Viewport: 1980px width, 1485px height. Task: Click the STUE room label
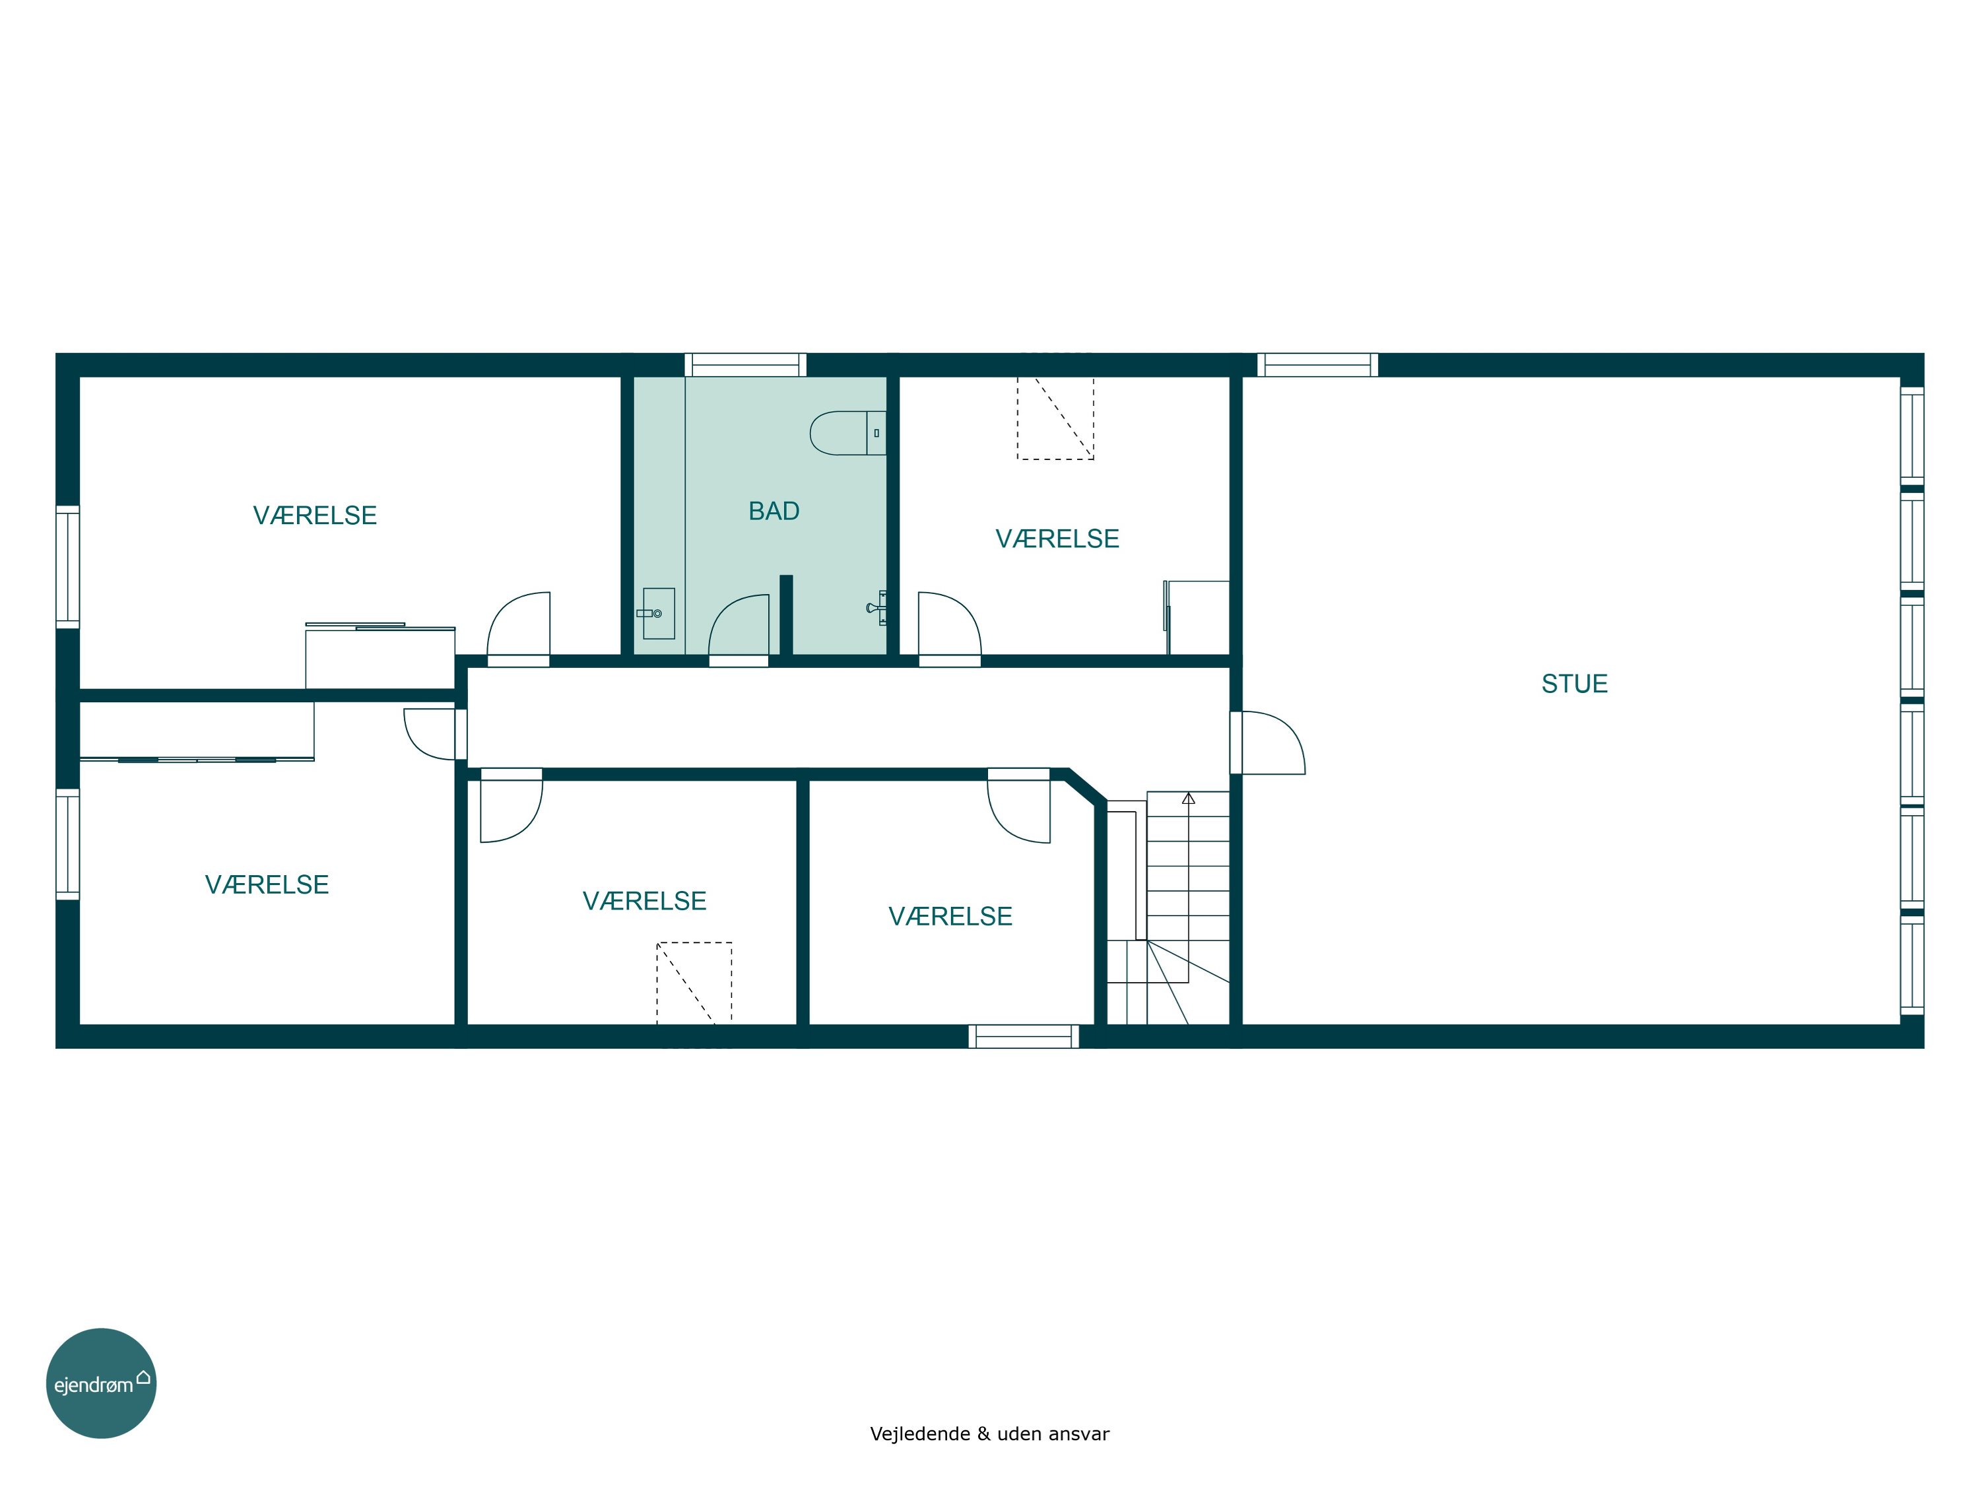point(1575,684)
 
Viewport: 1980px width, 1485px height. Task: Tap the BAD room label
point(774,511)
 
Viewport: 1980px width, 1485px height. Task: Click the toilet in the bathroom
point(847,433)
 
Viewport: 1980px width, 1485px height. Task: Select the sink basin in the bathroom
point(659,613)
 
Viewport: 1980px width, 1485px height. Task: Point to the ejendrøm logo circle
point(101,1383)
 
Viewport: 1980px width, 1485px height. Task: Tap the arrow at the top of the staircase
point(1189,799)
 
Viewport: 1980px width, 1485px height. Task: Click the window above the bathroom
point(746,365)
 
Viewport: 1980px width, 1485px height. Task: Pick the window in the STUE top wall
point(1317,365)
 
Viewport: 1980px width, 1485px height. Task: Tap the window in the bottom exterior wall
point(1024,1037)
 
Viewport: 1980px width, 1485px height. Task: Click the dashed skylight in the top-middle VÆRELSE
point(1055,418)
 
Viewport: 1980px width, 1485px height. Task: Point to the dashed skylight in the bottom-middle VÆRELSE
point(694,983)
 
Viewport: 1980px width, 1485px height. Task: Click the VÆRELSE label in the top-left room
point(315,515)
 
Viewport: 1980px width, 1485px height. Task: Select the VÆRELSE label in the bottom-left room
point(267,884)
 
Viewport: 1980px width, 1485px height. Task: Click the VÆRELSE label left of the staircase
point(950,917)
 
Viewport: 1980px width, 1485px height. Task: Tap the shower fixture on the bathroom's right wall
point(877,608)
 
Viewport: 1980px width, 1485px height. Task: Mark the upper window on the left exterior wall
point(68,566)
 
